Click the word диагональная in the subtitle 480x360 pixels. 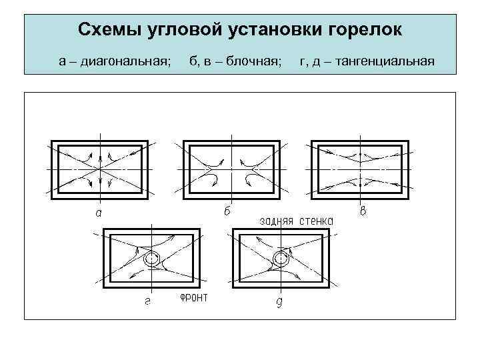126,62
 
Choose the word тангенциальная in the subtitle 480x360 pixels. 387,62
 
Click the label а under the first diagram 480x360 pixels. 99,213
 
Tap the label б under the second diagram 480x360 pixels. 227,212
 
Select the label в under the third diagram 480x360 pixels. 363,212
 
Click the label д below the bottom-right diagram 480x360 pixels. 279,303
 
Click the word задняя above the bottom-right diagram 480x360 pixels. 276,221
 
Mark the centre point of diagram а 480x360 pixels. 99,168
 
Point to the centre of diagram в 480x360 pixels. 361,168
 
